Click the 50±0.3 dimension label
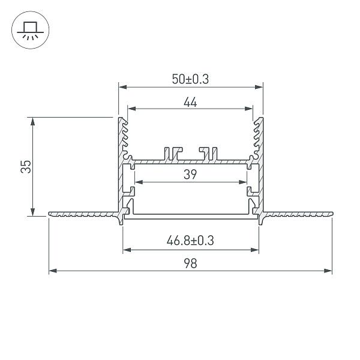[190, 79]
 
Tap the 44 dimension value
[190, 102]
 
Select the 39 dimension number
[190, 174]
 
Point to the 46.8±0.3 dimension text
[190, 241]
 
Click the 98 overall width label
[190, 263]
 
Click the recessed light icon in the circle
[31, 30]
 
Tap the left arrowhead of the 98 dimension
[53, 271]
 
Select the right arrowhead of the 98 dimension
[328, 271]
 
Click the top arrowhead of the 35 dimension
[33, 121]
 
